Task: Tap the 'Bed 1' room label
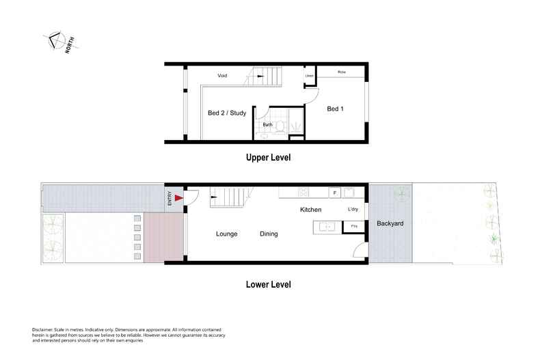(x=335, y=109)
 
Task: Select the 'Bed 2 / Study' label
(x=227, y=113)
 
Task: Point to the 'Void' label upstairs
(x=222, y=75)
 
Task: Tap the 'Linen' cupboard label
(x=309, y=75)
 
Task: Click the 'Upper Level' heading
(x=268, y=157)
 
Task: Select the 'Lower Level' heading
(x=268, y=284)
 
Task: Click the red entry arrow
(x=179, y=198)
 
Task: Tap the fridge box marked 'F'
(x=335, y=193)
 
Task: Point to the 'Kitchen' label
(x=310, y=210)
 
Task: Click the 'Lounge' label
(x=226, y=234)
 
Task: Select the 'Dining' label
(x=269, y=234)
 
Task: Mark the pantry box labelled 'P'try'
(x=354, y=226)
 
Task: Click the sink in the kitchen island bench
(x=327, y=226)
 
